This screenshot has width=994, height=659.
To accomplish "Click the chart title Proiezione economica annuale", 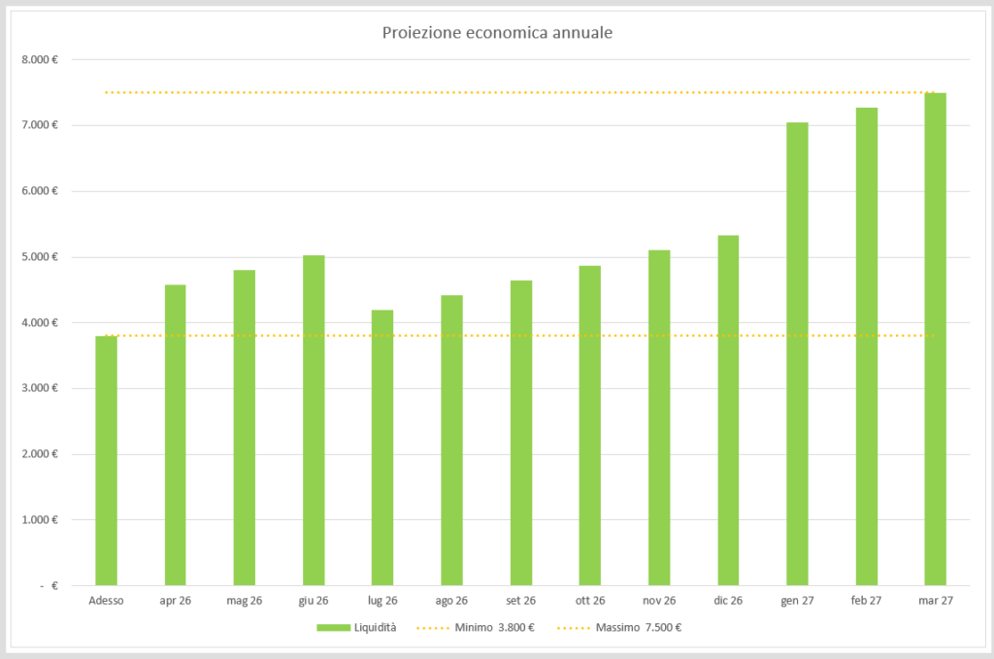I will (x=497, y=33).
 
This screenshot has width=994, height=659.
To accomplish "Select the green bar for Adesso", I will (x=106, y=460).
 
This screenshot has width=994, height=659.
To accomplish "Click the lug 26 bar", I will (x=382, y=447).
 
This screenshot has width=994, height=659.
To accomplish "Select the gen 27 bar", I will (x=797, y=353).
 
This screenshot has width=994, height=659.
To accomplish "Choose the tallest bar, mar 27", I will (x=935, y=339).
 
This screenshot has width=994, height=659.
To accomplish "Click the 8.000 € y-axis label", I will (x=40, y=59).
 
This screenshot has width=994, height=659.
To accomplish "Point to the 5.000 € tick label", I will (x=40, y=257).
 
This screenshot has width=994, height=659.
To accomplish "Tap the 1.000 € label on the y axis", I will (x=40, y=520).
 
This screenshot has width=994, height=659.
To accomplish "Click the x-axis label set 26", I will (x=521, y=601).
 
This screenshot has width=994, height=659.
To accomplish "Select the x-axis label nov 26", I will (x=659, y=601).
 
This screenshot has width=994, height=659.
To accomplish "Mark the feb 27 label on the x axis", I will (x=866, y=601).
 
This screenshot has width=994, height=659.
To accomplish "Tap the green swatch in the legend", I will (x=330, y=627).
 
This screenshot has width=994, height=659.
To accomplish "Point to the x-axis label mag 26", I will (x=244, y=601).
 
